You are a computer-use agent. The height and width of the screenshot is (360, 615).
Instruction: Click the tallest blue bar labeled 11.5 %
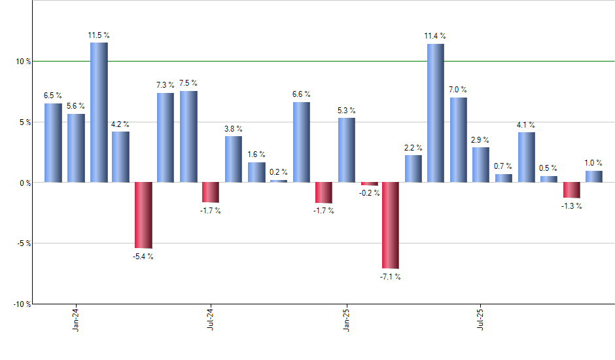[99, 112]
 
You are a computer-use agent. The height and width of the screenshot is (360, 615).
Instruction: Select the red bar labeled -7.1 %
[391, 225]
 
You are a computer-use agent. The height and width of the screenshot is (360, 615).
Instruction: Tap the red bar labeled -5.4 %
[143, 215]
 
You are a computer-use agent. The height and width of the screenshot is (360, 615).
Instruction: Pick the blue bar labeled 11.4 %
[436, 113]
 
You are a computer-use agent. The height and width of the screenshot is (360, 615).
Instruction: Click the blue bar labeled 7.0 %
[458, 139]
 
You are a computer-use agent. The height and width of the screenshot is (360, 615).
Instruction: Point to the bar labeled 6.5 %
[53, 143]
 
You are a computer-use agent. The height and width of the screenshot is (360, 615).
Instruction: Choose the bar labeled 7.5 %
[188, 136]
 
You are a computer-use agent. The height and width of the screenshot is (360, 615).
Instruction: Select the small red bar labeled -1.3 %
[571, 190]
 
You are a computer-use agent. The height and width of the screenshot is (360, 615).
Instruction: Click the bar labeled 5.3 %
[347, 150]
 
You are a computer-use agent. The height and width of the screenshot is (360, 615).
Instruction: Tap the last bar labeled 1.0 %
[594, 176]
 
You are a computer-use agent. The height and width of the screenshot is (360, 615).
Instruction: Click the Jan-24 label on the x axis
[76, 318]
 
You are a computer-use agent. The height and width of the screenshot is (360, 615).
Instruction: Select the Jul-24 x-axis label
[211, 318]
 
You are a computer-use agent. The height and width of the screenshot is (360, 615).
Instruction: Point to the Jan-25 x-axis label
[346, 318]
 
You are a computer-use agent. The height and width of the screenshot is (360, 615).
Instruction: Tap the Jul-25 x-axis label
[481, 318]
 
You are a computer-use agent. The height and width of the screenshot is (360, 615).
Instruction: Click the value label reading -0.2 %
[368, 192]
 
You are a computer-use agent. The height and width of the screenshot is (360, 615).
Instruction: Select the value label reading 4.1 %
[526, 124]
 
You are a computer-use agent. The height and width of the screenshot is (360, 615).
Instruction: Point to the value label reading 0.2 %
[278, 172]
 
